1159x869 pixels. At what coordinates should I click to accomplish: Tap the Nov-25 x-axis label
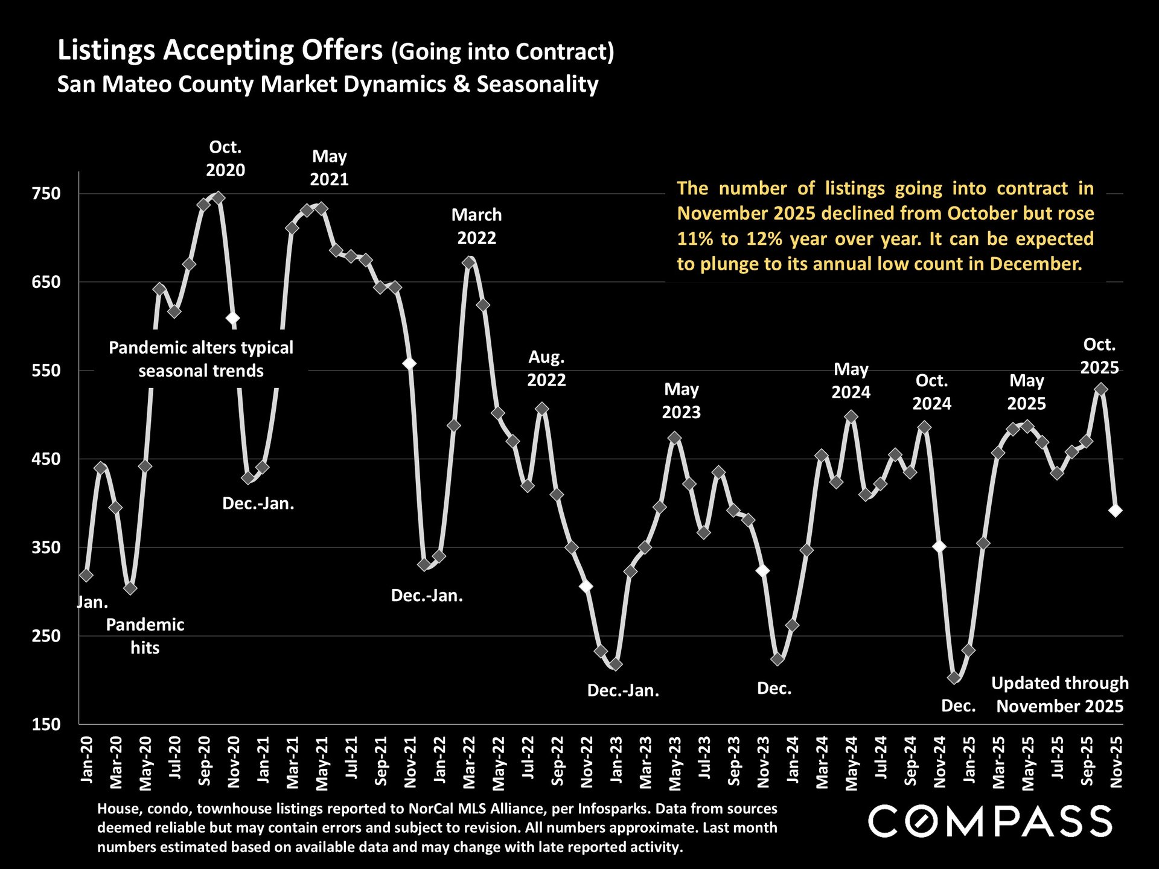pyautogui.click(x=1116, y=762)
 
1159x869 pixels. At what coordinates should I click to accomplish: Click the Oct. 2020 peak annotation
pyautogui.click(x=225, y=159)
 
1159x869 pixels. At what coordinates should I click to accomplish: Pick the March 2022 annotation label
pyautogui.click(x=476, y=226)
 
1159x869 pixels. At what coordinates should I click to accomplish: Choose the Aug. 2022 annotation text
pyautogui.click(x=546, y=368)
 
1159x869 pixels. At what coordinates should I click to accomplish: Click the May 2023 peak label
pyautogui.click(x=681, y=401)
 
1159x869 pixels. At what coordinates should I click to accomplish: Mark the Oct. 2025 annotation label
pyautogui.click(x=1099, y=356)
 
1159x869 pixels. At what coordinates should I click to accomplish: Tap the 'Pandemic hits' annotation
pyautogui.click(x=145, y=636)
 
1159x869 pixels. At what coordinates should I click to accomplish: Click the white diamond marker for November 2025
pyautogui.click(x=1116, y=511)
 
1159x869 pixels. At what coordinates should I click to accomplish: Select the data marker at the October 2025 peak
pyautogui.click(x=1101, y=390)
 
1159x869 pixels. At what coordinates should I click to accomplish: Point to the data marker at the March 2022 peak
pyautogui.click(x=468, y=263)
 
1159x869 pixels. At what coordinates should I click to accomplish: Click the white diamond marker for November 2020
pyautogui.click(x=233, y=318)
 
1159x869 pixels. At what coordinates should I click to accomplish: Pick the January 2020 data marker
pyautogui.click(x=86, y=575)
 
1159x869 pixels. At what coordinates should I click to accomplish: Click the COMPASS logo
pyautogui.click(x=990, y=821)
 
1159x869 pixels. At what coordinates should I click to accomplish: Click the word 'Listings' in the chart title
pyautogui.click(x=106, y=50)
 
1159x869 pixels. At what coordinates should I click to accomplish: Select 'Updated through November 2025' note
pyautogui.click(x=1059, y=695)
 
